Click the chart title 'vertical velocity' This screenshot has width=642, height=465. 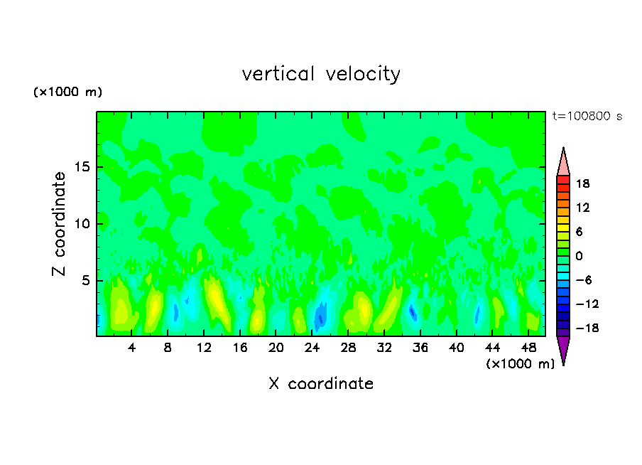pyautogui.click(x=321, y=74)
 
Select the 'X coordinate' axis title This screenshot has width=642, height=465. pyautogui.click(x=321, y=384)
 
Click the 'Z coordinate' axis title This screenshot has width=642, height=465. pyautogui.click(x=60, y=224)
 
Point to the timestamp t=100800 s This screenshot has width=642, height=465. pyautogui.click(x=587, y=116)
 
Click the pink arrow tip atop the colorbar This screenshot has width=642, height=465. pyautogui.click(x=563, y=161)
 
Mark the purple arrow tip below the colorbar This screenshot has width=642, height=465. pyautogui.click(x=563, y=350)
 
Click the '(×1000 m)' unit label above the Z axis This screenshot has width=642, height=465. pyautogui.click(x=68, y=92)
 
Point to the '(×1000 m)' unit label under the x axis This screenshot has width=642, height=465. pyautogui.click(x=521, y=364)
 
